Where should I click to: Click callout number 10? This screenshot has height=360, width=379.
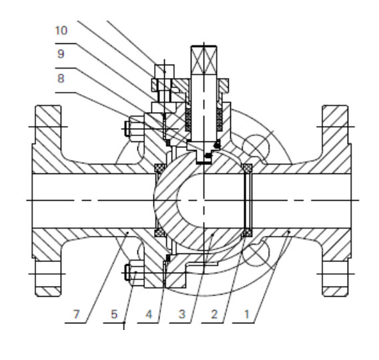[61, 31]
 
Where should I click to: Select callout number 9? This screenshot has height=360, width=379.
[61, 54]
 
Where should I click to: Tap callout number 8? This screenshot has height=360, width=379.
[61, 79]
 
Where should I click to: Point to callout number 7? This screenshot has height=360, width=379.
[76, 314]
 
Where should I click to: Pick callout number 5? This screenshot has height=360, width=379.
[114, 314]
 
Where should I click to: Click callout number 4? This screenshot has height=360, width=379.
[149, 314]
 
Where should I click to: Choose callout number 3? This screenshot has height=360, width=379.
[182, 314]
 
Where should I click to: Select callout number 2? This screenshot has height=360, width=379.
[214, 314]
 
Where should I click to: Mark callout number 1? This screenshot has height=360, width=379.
[246, 314]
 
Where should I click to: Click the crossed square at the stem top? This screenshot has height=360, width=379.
[204, 59]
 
